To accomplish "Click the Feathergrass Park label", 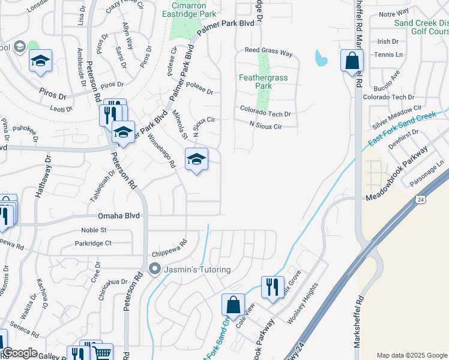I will click(264, 82).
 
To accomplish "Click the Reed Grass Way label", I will click(268, 53).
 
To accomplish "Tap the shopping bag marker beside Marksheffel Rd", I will click(352, 61).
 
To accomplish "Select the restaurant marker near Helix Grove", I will click(273, 287).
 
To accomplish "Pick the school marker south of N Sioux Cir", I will click(196, 159).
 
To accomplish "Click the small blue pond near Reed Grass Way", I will click(321, 58).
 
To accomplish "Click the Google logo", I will click(19, 352).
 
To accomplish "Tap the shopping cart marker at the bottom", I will click(102, 353).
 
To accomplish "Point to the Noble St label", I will click(94, 230).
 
